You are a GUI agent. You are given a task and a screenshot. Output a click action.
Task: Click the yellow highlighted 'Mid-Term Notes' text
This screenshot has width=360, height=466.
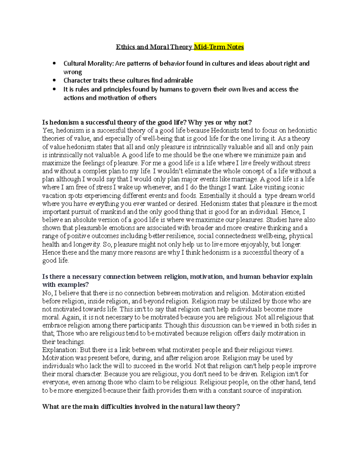pyautogui.click(x=219, y=47)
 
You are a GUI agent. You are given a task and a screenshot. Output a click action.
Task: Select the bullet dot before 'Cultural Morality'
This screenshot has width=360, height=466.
pyautogui.click(x=54, y=63)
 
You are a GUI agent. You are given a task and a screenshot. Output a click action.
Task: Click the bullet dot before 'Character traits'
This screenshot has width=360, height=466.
pyautogui.click(x=54, y=80)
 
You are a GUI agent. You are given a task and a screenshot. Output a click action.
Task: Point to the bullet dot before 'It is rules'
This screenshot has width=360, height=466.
pyautogui.click(x=54, y=89)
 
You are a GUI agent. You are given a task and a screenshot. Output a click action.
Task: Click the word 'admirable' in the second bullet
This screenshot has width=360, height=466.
pyautogui.click(x=179, y=80)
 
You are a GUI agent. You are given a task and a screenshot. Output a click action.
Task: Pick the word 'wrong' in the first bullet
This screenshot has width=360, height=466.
pyautogui.click(x=73, y=72)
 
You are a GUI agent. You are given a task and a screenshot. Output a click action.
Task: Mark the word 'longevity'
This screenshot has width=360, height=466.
pyautogui.click(x=87, y=244)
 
